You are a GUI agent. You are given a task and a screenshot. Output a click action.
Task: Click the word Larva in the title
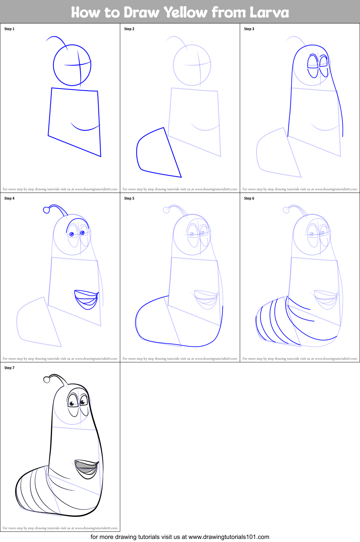269,13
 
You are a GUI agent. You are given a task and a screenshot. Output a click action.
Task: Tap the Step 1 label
9,29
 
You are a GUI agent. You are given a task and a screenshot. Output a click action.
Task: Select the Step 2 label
129,29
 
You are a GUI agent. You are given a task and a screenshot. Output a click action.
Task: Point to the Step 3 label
249,29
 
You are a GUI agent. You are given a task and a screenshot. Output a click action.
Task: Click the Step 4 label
9,198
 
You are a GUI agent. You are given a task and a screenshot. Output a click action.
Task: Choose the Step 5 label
129,198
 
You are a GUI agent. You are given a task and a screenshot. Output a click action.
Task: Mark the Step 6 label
249,198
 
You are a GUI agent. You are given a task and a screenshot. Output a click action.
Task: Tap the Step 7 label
9,368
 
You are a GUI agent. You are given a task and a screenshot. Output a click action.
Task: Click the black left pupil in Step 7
72,404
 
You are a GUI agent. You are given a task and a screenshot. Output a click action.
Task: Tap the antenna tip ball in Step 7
47,379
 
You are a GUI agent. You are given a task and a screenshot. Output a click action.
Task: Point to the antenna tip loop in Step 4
47,210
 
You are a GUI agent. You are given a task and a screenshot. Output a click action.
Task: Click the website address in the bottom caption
229,537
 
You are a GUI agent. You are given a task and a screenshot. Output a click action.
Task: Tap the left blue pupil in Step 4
72,234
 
